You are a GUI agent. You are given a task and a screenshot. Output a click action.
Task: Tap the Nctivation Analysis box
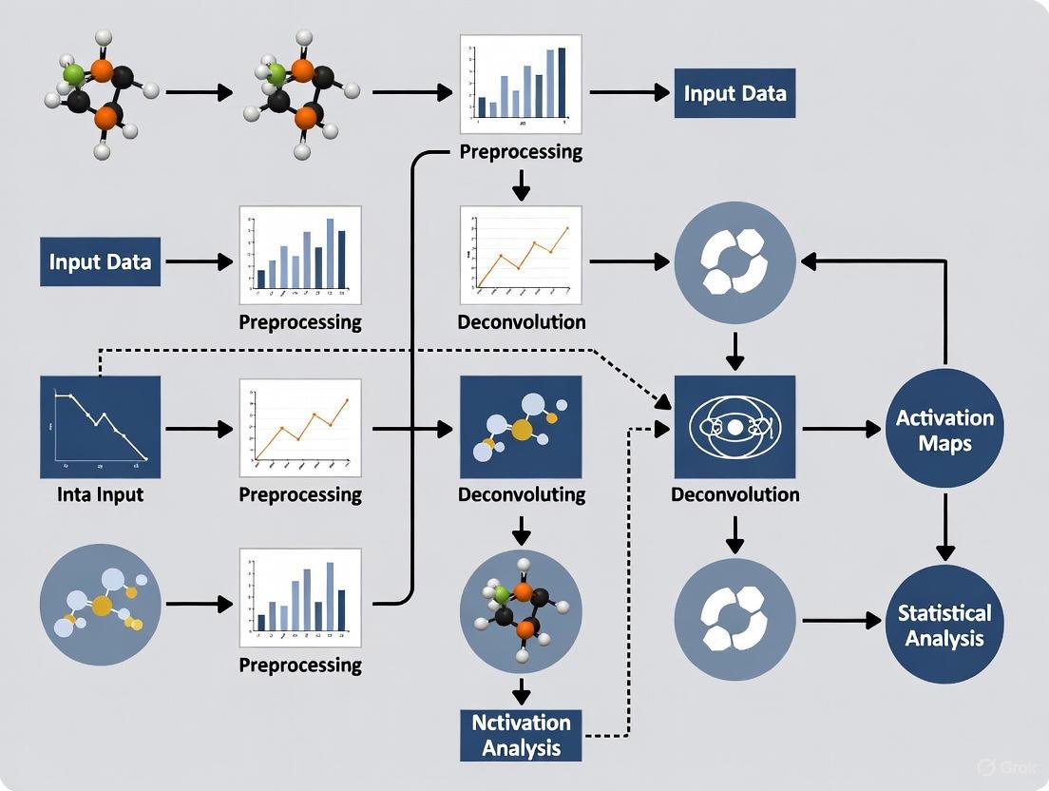coord(521,734)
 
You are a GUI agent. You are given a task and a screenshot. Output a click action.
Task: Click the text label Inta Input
coord(99,494)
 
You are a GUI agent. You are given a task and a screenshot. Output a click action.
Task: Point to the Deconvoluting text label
coord(521,494)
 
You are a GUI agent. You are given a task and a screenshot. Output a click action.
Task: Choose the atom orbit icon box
coord(734,427)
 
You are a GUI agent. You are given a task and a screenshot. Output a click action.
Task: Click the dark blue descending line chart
coord(100,427)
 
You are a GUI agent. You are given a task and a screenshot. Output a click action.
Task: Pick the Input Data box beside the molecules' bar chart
coord(734,93)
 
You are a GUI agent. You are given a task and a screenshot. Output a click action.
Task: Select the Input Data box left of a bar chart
coord(100,261)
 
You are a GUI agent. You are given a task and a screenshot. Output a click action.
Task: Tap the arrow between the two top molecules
coord(199,92)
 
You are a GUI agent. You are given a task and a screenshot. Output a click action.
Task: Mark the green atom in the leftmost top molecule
coord(73,73)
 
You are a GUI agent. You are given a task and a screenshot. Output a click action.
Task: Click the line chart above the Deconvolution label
coord(521,253)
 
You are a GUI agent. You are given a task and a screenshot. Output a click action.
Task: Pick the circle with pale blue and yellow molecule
coord(100,604)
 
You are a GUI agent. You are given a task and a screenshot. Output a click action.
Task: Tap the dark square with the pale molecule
coord(521,427)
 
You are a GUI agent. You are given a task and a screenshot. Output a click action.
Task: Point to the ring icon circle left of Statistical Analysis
coord(734,620)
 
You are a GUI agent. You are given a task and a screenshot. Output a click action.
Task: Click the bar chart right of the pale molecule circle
coord(300,596)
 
